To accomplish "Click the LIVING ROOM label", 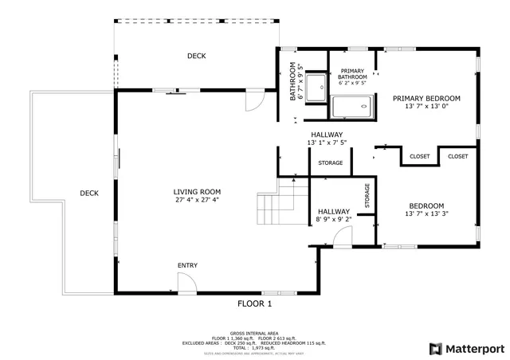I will (197, 192).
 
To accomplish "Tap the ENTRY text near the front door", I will (187, 265).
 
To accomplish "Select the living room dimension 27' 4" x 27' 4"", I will (197, 201).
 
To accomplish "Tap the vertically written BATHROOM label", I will (292, 82).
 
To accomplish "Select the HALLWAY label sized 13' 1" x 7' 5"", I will (327, 135).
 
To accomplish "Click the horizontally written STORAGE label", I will (330, 163).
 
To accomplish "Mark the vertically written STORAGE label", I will (367, 196).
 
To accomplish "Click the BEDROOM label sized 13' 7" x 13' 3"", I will (426, 205).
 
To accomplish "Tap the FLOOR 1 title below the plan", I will (254, 304).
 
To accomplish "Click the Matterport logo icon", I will (434, 348).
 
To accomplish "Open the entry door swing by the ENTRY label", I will (184, 283).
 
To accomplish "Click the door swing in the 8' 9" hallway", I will (343, 236).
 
